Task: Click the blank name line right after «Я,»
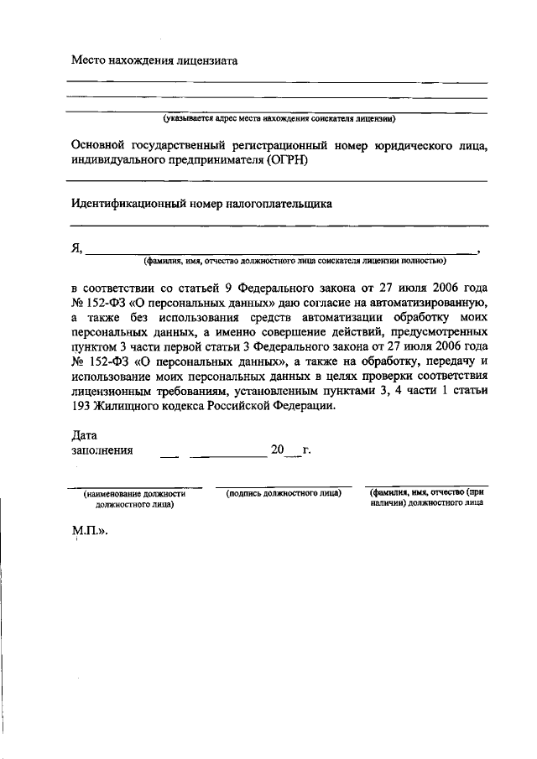pyautogui.click(x=281, y=250)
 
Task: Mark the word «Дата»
pyautogui.click(x=85, y=436)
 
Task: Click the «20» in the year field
pyautogui.click(x=278, y=451)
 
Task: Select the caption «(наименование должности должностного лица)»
pyautogui.click(x=134, y=500)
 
